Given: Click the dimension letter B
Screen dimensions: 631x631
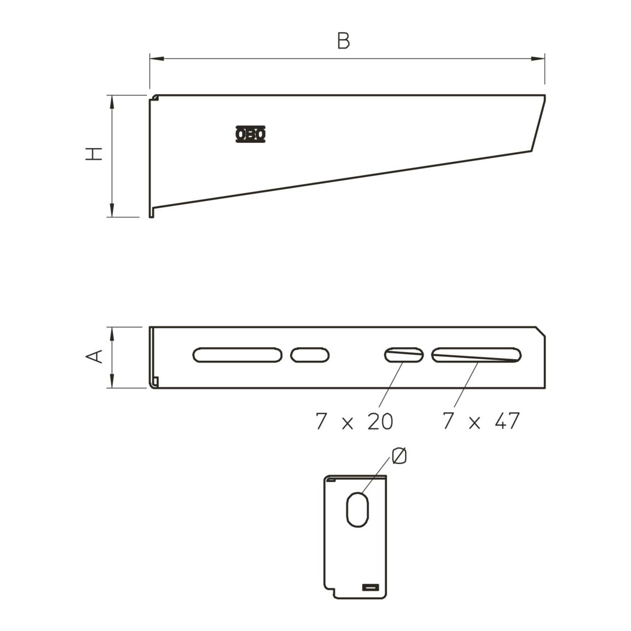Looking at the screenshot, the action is [x=343, y=41].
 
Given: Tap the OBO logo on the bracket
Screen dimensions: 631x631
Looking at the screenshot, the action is [x=250, y=134].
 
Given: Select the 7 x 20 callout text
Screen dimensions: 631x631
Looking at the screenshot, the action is [x=354, y=422].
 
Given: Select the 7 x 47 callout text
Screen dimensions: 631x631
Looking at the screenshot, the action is [x=481, y=421].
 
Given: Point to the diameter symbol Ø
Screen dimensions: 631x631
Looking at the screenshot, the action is [x=399, y=456].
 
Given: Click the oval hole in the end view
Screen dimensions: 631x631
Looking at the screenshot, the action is [x=357, y=509].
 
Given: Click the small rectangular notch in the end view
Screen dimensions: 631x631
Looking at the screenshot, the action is [x=371, y=587].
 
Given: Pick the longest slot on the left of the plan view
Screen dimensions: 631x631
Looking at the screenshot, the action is [x=237, y=355].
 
